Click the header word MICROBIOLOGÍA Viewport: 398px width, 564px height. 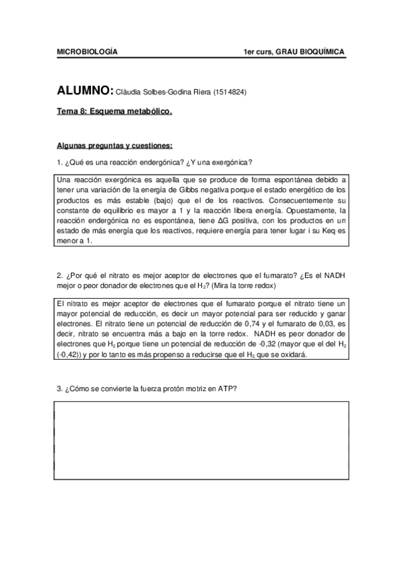(x=87, y=52)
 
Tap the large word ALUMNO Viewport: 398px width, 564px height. (x=85, y=91)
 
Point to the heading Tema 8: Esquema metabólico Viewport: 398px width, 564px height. (x=114, y=112)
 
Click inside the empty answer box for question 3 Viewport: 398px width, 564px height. (x=199, y=439)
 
